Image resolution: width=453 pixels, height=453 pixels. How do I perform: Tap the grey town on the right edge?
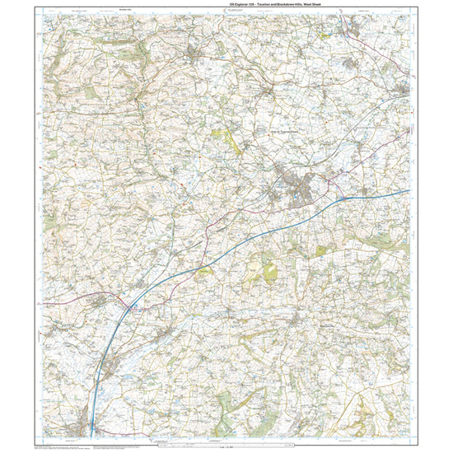(x=401, y=89)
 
